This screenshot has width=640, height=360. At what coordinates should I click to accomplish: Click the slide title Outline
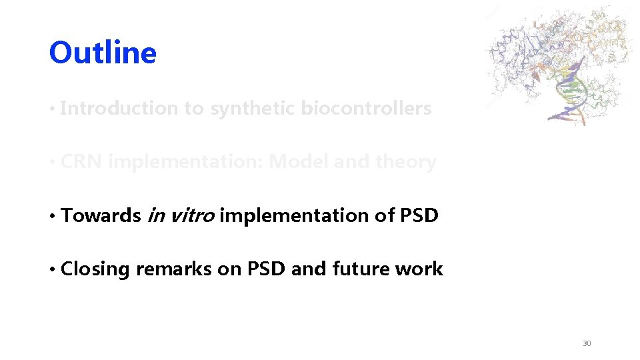[x=103, y=53]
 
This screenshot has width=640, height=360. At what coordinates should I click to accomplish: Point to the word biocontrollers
[x=366, y=109]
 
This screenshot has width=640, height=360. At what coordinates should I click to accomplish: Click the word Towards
[x=101, y=215]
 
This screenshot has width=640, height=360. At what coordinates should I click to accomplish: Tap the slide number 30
[x=587, y=343]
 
